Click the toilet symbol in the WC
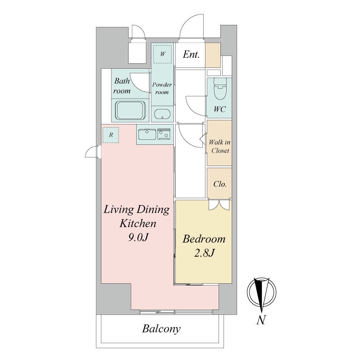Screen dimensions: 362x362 pyautogui.click(x=220, y=89)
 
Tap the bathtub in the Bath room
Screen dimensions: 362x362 pyautogui.click(x=130, y=110)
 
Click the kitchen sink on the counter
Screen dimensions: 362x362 pyautogui.click(x=147, y=134)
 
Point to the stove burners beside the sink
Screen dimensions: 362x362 pyautogui.click(x=164, y=134)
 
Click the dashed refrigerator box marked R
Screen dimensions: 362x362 pyautogui.click(x=111, y=135)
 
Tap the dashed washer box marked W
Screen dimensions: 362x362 pyautogui.click(x=162, y=54)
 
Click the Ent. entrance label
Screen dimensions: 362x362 pyautogui.click(x=191, y=54)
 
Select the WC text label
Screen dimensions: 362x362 pyautogui.click(x=219, y=109)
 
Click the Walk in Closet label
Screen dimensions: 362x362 pyautogui.click(x=219, y=146)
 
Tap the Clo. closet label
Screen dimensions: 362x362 pyautogui.click(x=220, y=184)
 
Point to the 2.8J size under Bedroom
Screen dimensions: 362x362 pyautogui.click(x=205, y=253)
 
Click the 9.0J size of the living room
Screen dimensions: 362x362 pyautogui.click(x=138, y=237)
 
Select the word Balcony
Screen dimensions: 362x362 pyautogui.click(x=161, y=329)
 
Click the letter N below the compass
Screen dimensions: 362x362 pyautogui.click(x=261, y=320)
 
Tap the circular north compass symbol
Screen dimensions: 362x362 pyautogui.click(x=262, y=291)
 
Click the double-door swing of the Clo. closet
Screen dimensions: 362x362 pyautogui.click(x=219, y=205)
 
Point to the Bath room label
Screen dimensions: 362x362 pyautogui.click(x=122, y=86)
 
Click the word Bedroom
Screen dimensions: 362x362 pyautogui.click(x=204, y=239)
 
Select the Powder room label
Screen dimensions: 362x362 pyautogui.click(x=162, y=88)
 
